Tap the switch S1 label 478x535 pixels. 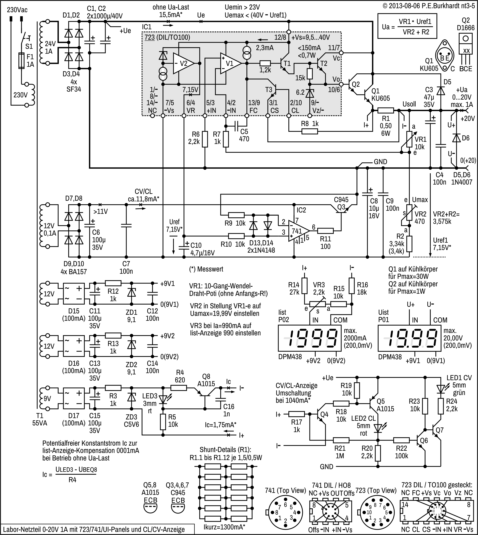pos(29,46)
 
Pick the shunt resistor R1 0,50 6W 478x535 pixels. pos(386,110)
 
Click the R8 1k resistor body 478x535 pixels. pos(310,131)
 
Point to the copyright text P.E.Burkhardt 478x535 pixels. pos(428,6)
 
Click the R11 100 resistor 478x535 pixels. pos(325,231)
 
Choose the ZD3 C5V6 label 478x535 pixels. pos(131,421)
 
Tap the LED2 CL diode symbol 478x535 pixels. pos(378,429)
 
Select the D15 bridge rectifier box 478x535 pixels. pos(73,294)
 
